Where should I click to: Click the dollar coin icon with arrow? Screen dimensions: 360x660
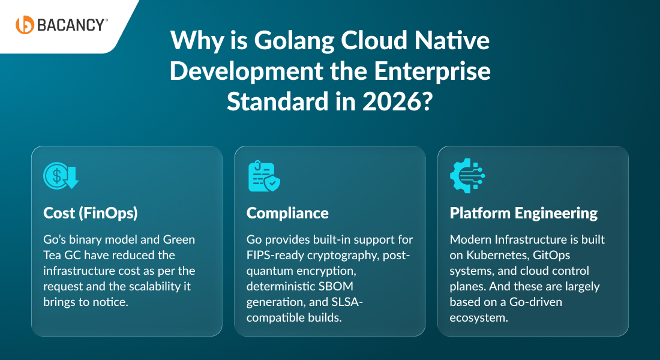click(x=61, y=176)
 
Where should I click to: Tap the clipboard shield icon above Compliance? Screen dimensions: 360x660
click(x=264, y=176)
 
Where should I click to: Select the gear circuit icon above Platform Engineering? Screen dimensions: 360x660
click(x=467, y=176)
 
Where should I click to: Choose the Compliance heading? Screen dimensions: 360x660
click(x=287, y=213)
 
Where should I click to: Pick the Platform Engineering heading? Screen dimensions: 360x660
click(x=523, y=213)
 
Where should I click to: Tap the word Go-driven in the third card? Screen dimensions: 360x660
click(x=533, y=302)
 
